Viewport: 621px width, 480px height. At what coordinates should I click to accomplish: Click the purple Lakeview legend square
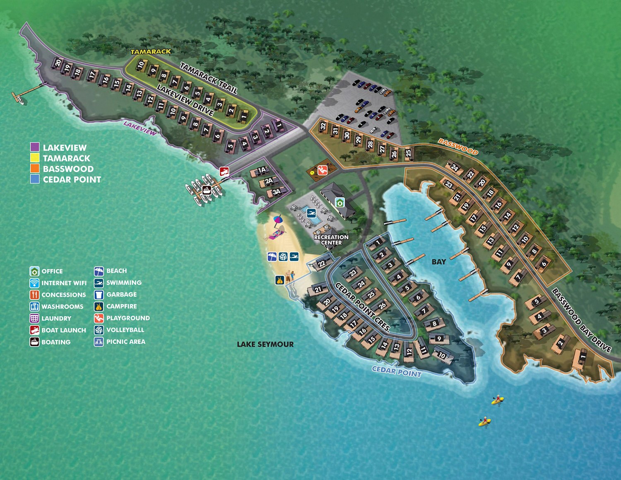click(35, 147)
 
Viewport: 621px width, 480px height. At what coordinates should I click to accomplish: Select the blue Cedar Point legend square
click(35, 179)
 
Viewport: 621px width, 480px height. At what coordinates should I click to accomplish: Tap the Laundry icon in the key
click(34, 318)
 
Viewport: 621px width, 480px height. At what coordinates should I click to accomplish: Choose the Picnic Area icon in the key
click(99, 342)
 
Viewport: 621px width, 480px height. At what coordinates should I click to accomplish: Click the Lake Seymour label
click(265, 344)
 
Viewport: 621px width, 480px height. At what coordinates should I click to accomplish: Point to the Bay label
click(439, 262)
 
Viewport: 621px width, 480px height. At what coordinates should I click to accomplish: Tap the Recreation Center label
click(331, 240)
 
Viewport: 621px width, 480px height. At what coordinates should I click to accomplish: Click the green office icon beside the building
click(340, 203)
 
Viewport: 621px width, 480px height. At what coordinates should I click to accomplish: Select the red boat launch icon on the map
click(224, 171)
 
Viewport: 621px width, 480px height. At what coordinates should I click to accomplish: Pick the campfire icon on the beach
click(280, 280)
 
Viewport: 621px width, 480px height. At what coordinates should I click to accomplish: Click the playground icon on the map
click(323, 170)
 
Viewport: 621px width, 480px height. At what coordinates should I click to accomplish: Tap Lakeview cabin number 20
click(58, 63)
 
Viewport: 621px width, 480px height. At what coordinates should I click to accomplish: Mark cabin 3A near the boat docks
click(276, 192)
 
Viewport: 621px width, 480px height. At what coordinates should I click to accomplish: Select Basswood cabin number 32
click(323, 127)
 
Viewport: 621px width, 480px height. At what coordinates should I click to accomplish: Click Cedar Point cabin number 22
click(322, 263)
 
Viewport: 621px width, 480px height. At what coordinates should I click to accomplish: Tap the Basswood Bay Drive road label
click(582, 320)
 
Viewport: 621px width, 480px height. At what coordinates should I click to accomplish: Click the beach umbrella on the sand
click(277, 219)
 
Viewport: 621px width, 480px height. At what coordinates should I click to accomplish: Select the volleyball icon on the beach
click(283, 257)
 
